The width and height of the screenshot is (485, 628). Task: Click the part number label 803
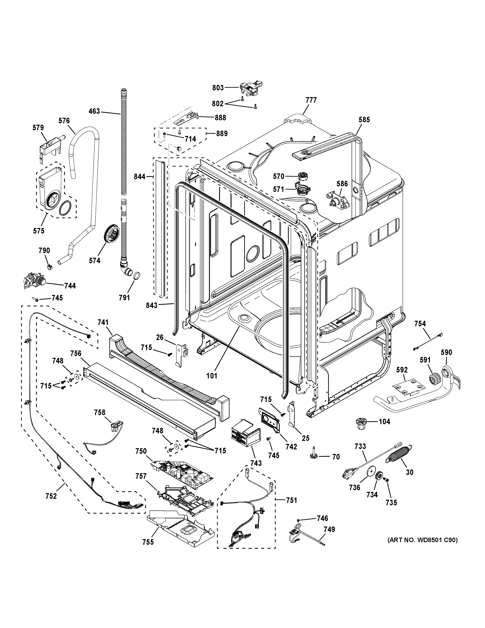click(218, 88)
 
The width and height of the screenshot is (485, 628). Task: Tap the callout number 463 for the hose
click(94, 111)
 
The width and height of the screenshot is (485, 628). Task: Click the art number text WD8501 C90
click(423, 540)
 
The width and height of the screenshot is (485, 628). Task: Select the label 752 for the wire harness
click(51, 496)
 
